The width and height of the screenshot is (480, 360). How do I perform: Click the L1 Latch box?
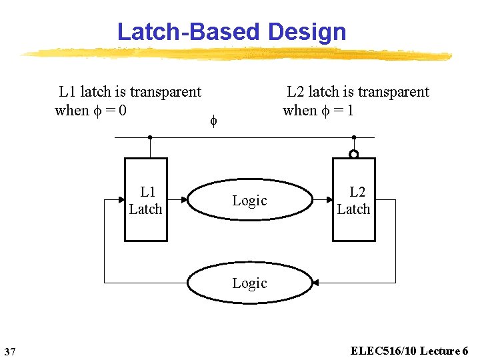(146, 200)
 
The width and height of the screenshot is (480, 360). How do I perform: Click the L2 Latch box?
(353, 200)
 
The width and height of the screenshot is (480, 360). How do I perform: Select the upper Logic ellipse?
(250, 200)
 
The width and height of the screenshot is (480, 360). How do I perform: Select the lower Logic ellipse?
(250, 283)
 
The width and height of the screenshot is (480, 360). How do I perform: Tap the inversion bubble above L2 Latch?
(354, 155)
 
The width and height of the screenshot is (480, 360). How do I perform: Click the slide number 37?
(9, 351)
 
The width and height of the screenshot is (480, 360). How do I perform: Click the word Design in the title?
(307, 31)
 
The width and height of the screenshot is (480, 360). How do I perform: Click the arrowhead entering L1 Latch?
(122, 199)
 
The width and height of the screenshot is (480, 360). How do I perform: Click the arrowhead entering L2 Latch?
(329, 199)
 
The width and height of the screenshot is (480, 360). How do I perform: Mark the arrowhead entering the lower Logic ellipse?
(315, 283)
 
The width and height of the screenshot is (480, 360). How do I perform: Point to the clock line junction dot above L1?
(150, 138)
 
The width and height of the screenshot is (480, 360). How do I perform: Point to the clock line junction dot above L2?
(354, 138)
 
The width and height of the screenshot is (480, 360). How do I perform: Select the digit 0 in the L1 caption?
(123, 111)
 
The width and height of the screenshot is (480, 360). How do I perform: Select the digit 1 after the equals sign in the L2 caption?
(349, 111)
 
